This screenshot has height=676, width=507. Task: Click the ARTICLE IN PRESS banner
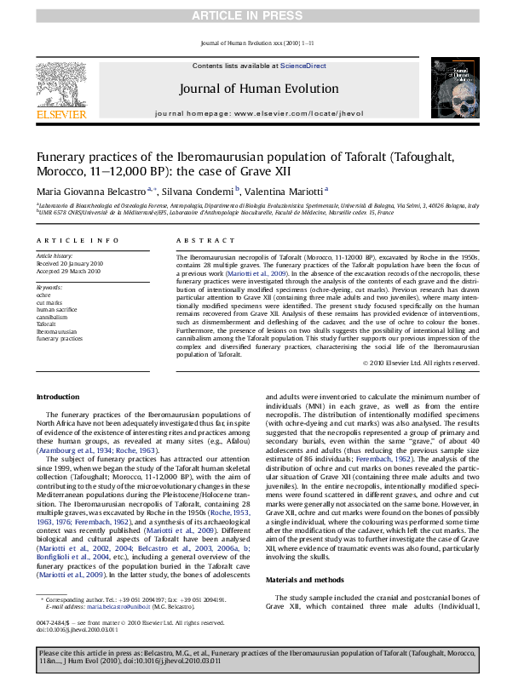point(253,15)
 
